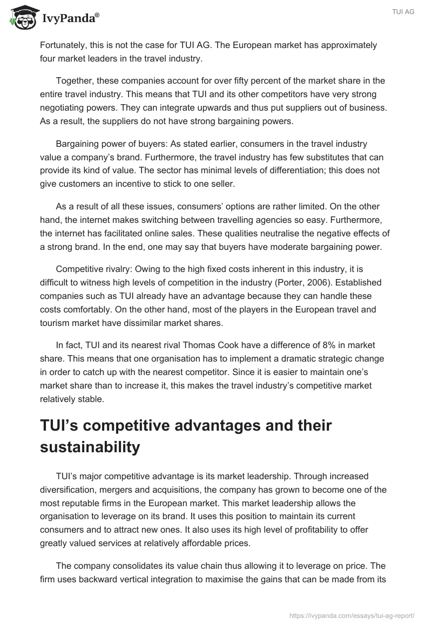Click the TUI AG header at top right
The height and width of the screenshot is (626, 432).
(403, 12)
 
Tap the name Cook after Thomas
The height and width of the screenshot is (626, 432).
(236, 345)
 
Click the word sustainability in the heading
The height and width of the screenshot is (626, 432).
(90, 447)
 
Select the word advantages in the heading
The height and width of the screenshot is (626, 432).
(216, 425)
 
